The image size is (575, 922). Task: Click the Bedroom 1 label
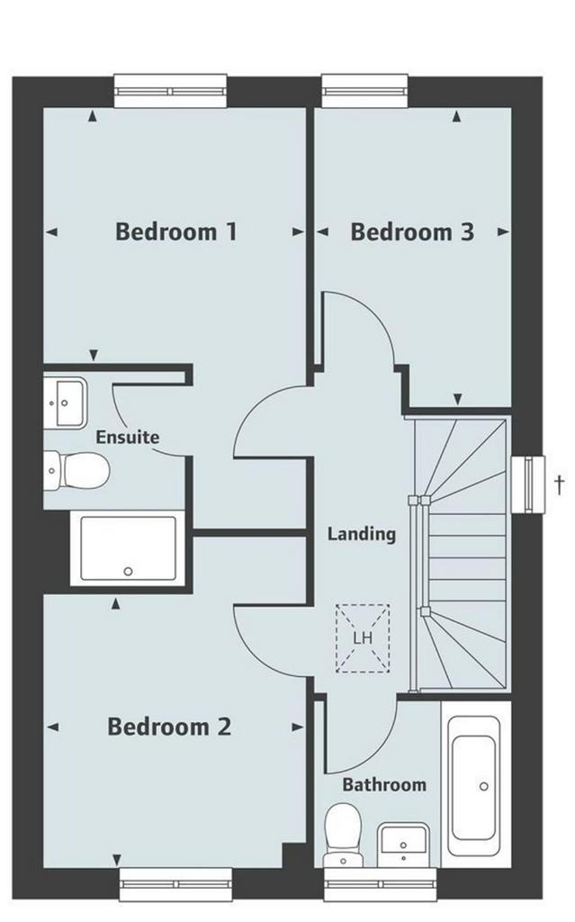(176, 231)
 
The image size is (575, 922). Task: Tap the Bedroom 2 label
(169, 727)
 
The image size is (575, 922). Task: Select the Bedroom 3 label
(412, 231)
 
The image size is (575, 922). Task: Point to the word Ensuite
(128, 437)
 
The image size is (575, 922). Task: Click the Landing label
(362, 534)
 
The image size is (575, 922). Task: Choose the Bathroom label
(384, 784)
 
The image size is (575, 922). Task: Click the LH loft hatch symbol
(363, 638)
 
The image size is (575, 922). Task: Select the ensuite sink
(66, 403)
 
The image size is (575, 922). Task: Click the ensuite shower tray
(128, 548)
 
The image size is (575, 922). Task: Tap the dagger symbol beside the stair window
(560, 484)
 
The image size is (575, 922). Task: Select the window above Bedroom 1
(170, 91)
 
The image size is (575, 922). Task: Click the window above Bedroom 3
(365, 91)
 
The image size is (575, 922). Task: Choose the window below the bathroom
(381, 884)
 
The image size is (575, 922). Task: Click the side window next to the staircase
(528, 484)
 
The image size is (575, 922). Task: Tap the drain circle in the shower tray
(128, 571)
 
